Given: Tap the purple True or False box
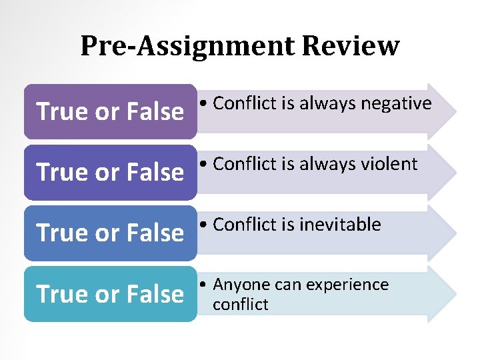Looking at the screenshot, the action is pyautogui.click(x=110, y=111).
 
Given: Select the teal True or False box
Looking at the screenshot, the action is pyautogui.click(x=110, y=294).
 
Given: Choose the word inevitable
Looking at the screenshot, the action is pyautogui.click(x=340, y=225).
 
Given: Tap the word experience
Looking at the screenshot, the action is pyautogui.click(x=347, y=285).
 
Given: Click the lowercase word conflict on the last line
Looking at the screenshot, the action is pyautogui.click(x=241, y=305).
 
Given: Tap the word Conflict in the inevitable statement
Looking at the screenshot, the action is pyautogui.click(x=243, y=225).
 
